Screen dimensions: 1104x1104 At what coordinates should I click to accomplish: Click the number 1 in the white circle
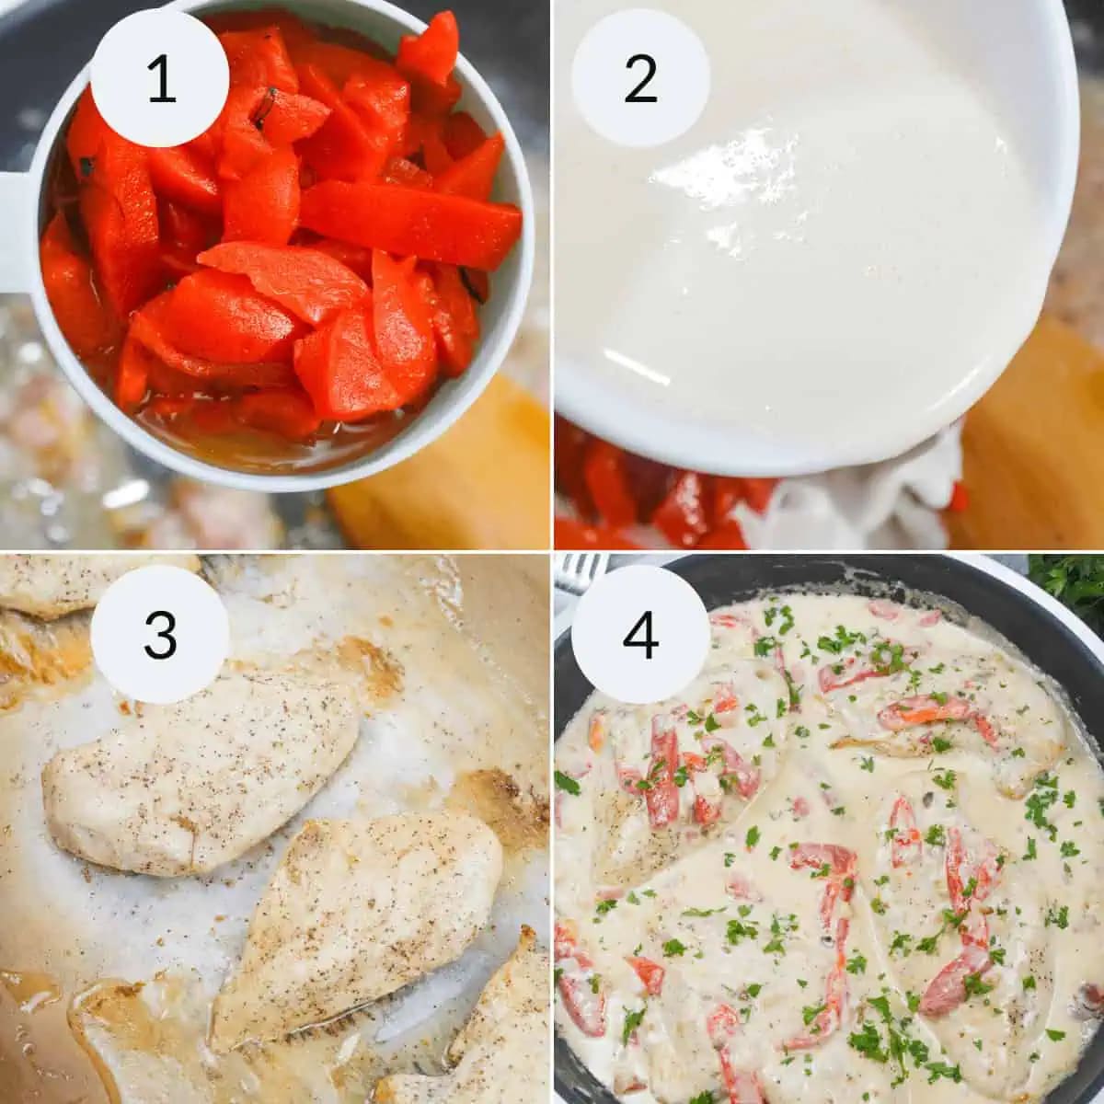tap(161, 79)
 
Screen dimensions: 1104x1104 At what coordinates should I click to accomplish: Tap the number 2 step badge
tap(640, 79)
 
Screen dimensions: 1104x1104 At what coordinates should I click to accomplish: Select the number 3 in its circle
tap(161, 634)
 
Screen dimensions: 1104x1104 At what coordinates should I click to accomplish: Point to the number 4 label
tap(640, 634)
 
